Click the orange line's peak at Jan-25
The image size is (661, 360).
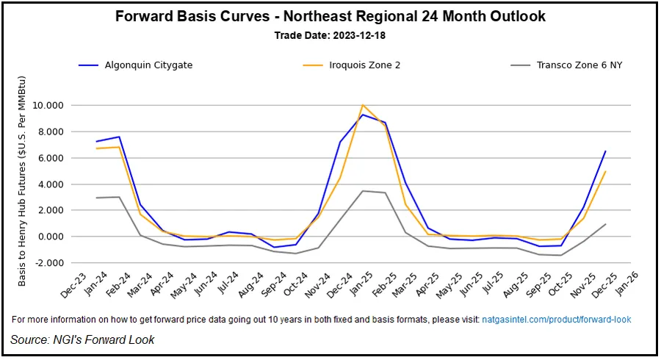[x=362, y=105]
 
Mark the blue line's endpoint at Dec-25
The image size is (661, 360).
[x=605, y=151]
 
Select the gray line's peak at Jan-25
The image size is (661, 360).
[x=362, y=191]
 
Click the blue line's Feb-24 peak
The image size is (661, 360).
[x=119, y=137]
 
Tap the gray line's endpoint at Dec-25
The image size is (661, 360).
[x=605, y=224]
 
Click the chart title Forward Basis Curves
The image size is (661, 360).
[x=330, y=16]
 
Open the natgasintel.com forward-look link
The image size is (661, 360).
[x=555, y=320]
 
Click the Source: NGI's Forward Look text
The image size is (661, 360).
[x=82, y=339]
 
